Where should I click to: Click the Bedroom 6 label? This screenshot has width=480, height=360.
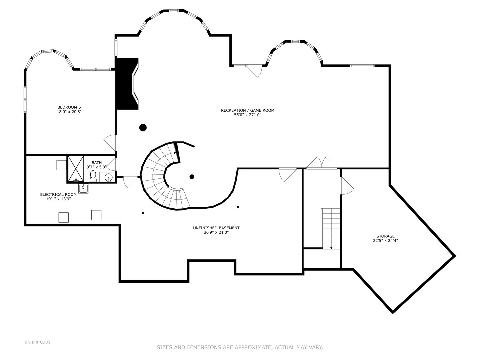(69, 109)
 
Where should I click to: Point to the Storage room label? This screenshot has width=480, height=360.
(386, 238)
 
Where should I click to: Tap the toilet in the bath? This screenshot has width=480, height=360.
(93, 176)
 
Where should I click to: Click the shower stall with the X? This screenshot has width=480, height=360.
(75, 169)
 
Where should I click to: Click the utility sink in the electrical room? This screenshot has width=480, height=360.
(83, 188)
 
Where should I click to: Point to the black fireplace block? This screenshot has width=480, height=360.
(127, 84)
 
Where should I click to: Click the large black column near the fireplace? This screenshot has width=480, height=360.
(143, 127)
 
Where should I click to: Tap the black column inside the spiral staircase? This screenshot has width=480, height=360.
(192, 177)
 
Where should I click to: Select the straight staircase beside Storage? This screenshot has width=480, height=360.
(330, 229)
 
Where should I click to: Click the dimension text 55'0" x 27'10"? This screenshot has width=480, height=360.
(248, 115)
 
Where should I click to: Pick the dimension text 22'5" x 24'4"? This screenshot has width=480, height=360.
(386, 240)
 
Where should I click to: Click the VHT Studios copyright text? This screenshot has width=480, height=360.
(37, 342)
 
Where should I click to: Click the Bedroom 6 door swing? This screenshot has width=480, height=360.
(110, 143)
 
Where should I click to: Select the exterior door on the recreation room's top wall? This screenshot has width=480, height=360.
(255, 71)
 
